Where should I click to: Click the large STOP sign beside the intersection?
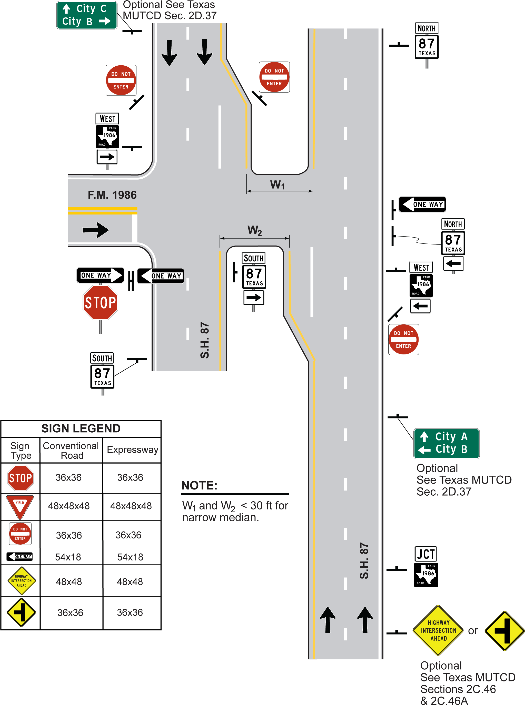pos(101,302)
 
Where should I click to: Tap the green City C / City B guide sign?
pos(87,15)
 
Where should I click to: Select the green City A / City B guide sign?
pos(446,443)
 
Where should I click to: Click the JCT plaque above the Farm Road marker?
pos(426,554)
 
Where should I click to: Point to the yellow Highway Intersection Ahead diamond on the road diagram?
pos(438,630)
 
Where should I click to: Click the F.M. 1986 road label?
pos(112,195)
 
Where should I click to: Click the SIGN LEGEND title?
pos(81,428)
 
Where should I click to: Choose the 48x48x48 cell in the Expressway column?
pos(131,506)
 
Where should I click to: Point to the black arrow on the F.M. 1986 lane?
pos(95,230)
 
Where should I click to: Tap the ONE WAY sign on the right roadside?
pos(422,204)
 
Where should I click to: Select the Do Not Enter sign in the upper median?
pos(274,77)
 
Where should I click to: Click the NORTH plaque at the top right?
pos(427,28)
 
